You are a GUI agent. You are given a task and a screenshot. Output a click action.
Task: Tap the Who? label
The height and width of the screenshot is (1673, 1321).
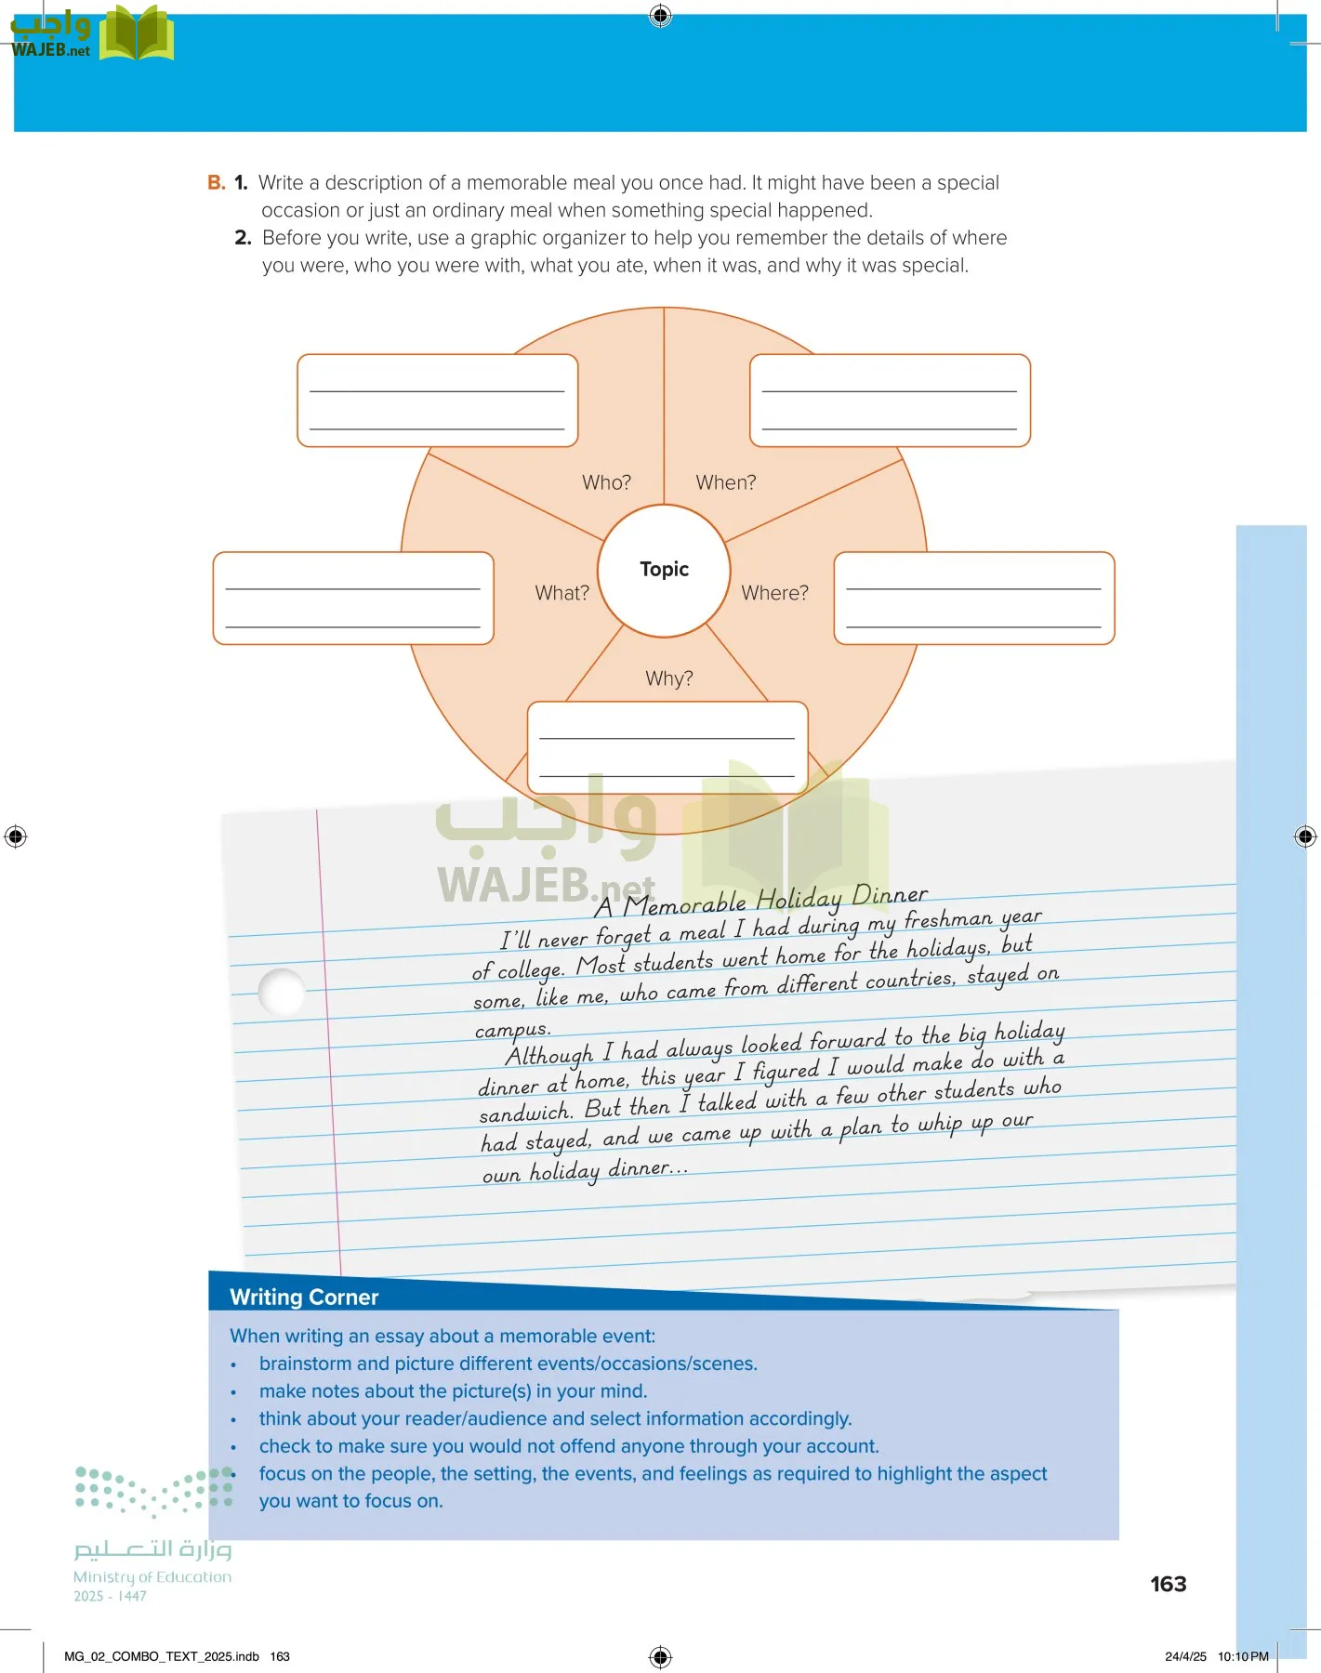[x=606, y=482]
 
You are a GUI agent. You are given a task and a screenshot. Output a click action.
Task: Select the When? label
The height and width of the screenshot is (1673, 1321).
[x=726, y=482]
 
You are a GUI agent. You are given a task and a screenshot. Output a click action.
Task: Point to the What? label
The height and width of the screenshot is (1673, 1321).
[x=561, y=593]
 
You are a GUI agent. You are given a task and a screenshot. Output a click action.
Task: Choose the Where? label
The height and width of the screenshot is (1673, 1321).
[x=774, y=593]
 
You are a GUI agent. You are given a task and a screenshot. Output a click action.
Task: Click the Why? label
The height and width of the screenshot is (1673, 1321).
[x=669, y=678]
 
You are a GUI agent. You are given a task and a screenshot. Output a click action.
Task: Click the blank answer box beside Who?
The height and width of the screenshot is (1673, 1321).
[x=438, y=401]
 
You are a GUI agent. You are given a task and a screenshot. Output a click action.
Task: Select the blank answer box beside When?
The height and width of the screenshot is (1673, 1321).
[x=890, y=401]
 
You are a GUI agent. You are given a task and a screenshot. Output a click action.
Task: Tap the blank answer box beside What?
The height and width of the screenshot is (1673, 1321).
[x=353, y=599]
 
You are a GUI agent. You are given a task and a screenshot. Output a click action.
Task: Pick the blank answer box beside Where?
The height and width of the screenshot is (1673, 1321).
[x=974, y=599]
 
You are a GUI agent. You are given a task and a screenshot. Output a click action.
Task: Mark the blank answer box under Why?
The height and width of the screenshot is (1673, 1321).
[x=667, y=748]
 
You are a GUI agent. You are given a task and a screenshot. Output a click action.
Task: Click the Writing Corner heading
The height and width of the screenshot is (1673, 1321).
[x=304, y=1298]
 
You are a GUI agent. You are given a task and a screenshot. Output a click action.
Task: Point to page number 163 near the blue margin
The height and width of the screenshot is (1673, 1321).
[x=1169, y=1584]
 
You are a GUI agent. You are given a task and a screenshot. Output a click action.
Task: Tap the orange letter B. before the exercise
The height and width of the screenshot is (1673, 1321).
[x=217, y=182]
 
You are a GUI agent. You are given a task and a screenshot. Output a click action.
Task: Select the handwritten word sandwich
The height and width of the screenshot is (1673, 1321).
[x=525, y=1113]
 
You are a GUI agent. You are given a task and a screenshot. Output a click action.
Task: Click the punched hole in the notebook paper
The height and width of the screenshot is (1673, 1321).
[x=282, y=992]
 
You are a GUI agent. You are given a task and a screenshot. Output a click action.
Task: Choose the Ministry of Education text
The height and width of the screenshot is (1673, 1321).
[x=152, y=1577]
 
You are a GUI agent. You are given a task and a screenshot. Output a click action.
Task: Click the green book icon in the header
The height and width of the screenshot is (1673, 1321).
[x=137, y=33]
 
